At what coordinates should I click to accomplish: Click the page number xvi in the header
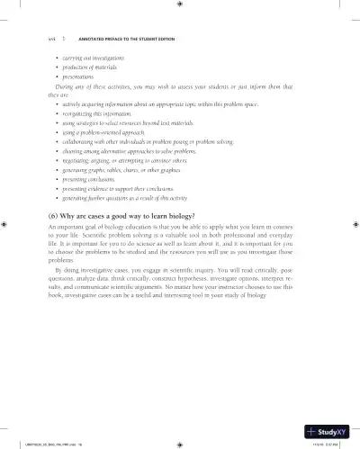37,39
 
